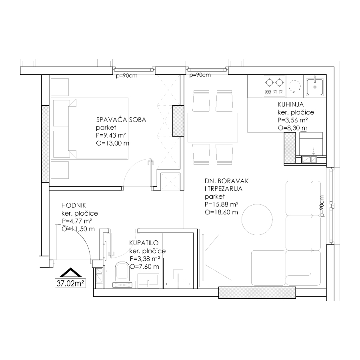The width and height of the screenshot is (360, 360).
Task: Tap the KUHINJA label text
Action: [x=290, y=104]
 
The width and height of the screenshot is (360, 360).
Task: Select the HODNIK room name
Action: [x=74, y=205]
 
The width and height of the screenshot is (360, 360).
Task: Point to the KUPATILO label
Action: [x=144, y=243]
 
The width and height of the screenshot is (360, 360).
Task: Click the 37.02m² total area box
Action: [x=70, y=283]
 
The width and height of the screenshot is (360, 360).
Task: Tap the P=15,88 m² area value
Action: [x=221, y=204]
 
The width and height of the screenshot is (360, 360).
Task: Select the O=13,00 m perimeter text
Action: [x=112, y=143]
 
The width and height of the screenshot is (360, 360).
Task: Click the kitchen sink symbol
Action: [x=315, y=86]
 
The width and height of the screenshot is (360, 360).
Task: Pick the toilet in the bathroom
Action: [x=122, y=271]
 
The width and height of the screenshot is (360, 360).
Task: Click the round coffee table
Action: [x=257, y=220]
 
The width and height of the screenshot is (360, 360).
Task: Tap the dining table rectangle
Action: [x=213, y=128]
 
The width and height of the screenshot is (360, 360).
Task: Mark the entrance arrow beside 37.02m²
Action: [x=71, y=272]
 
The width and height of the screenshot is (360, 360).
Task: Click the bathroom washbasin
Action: [x=148, y=281]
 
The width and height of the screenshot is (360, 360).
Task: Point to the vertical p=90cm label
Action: [x=322, y=206]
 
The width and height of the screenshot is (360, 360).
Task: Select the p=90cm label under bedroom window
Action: [x=126, y=76]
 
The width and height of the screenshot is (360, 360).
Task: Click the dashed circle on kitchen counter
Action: [x=294, y=86]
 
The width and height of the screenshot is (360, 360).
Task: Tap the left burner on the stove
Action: [x=269, y=82]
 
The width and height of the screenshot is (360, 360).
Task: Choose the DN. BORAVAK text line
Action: [x=227, y=181]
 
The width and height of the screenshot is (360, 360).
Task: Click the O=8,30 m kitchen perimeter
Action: [x=292, y=128]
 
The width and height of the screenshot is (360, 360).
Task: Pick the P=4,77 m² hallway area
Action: [x=77, y=221]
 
